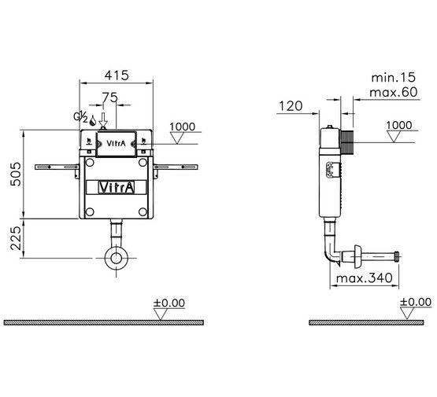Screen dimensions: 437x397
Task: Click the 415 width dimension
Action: pos(117,75)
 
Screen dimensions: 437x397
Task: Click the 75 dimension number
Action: pos(109,97)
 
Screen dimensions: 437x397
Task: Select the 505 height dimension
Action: pos(16,175)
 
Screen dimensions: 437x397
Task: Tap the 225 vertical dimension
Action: pos(16,238)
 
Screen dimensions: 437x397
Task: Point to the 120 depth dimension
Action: pos(291,106)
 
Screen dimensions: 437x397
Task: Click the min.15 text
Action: pos(393,78)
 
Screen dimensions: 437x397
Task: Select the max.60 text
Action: pos(394,92)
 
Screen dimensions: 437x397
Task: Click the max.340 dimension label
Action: pos(365,278)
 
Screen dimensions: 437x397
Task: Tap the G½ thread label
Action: pos(81,117)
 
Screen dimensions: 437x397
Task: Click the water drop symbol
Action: pos(93,120)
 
